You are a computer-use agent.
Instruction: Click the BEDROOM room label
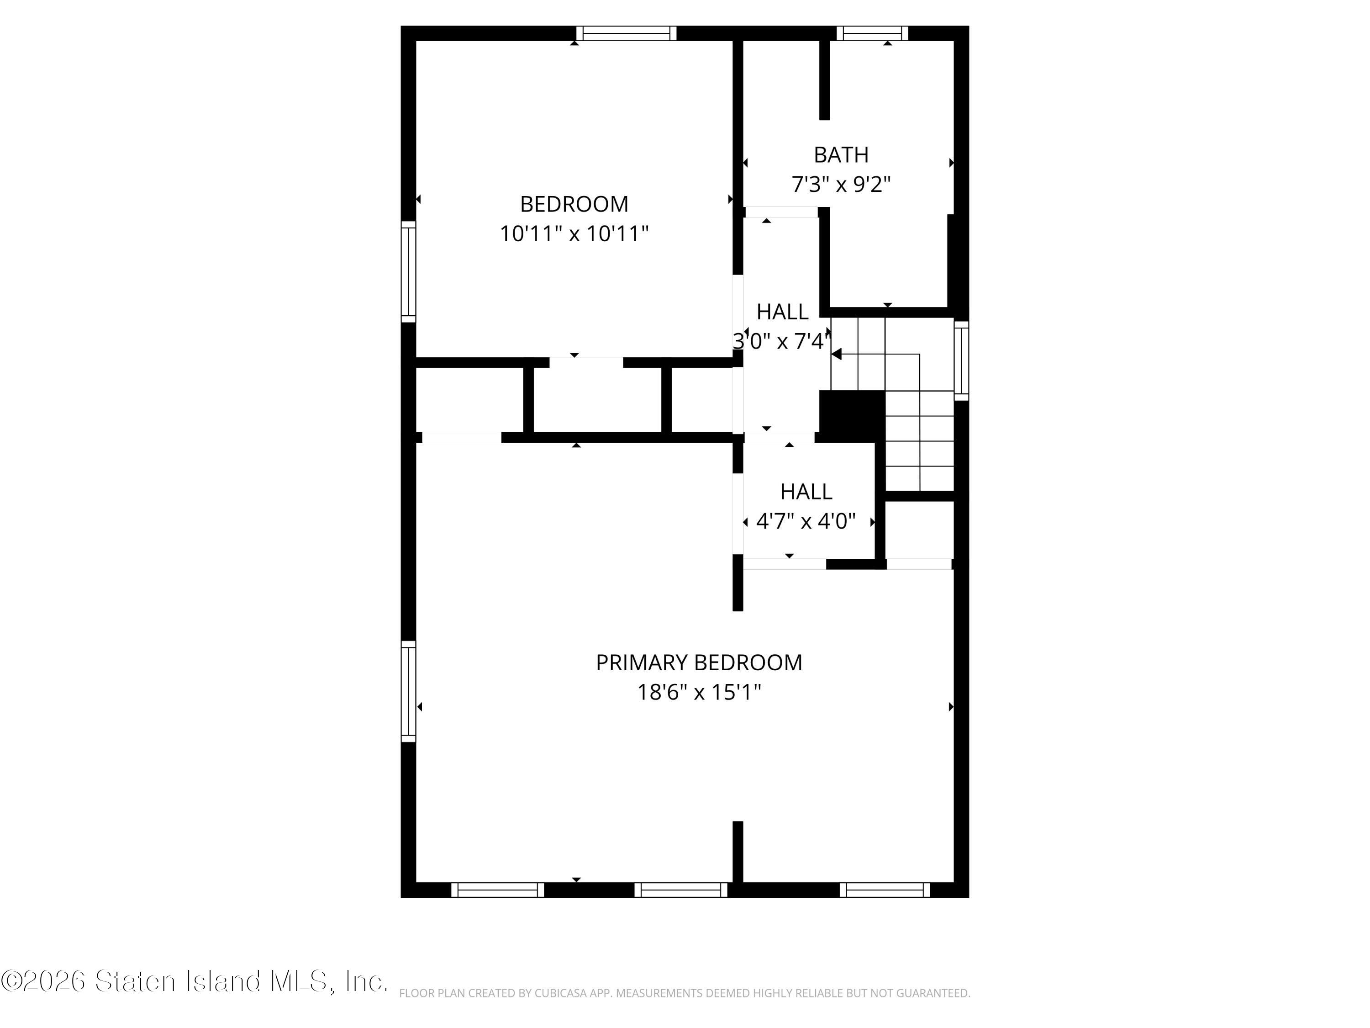[x=574, y=204]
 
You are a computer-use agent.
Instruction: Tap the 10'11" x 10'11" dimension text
[x=574, y=233]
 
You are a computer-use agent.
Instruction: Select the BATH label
[x=841, y=154]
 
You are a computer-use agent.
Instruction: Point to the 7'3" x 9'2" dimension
[x=841, y=184]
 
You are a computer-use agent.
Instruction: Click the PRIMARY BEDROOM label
[x=699, y=662]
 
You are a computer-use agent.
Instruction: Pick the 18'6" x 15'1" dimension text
[x=699, y=692]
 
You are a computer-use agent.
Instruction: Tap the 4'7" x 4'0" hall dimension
[x=806, y=521]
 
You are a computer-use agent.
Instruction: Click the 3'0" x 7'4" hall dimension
[x=782, y=341]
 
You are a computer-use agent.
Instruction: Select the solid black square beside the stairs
[x=852, y=416]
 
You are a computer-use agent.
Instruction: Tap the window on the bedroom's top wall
[x=626, y=33]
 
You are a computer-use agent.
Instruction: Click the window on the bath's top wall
[x=872, y=33]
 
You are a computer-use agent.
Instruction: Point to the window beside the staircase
[x=961, y=360]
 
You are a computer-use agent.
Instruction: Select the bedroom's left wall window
[x=408, y=271]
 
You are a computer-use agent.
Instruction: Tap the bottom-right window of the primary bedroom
[x=885, y=890]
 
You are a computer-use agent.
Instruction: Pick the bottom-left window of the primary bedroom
[x=497, y=890]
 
